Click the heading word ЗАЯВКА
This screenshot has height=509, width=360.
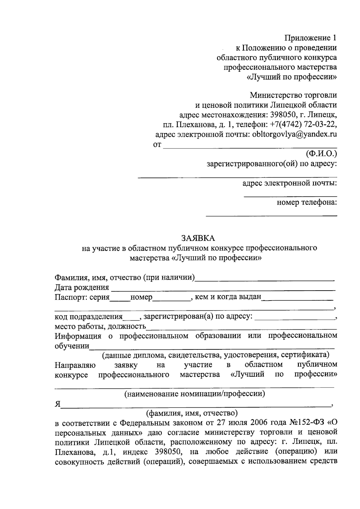tap(198, 238)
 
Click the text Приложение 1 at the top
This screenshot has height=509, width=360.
tap(310, 38)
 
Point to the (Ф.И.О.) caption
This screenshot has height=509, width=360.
tap(321, 154)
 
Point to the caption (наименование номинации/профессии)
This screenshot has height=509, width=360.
tap(195, 394)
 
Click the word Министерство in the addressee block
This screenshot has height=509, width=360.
tap(272, 95)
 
